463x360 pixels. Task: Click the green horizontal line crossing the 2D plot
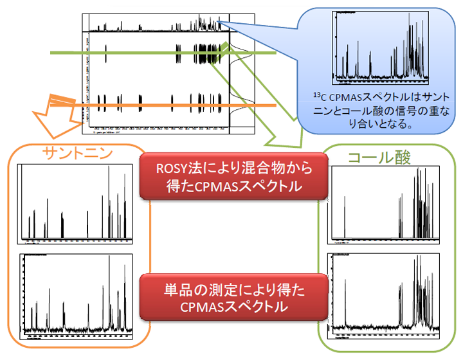click(x=161, y=54)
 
